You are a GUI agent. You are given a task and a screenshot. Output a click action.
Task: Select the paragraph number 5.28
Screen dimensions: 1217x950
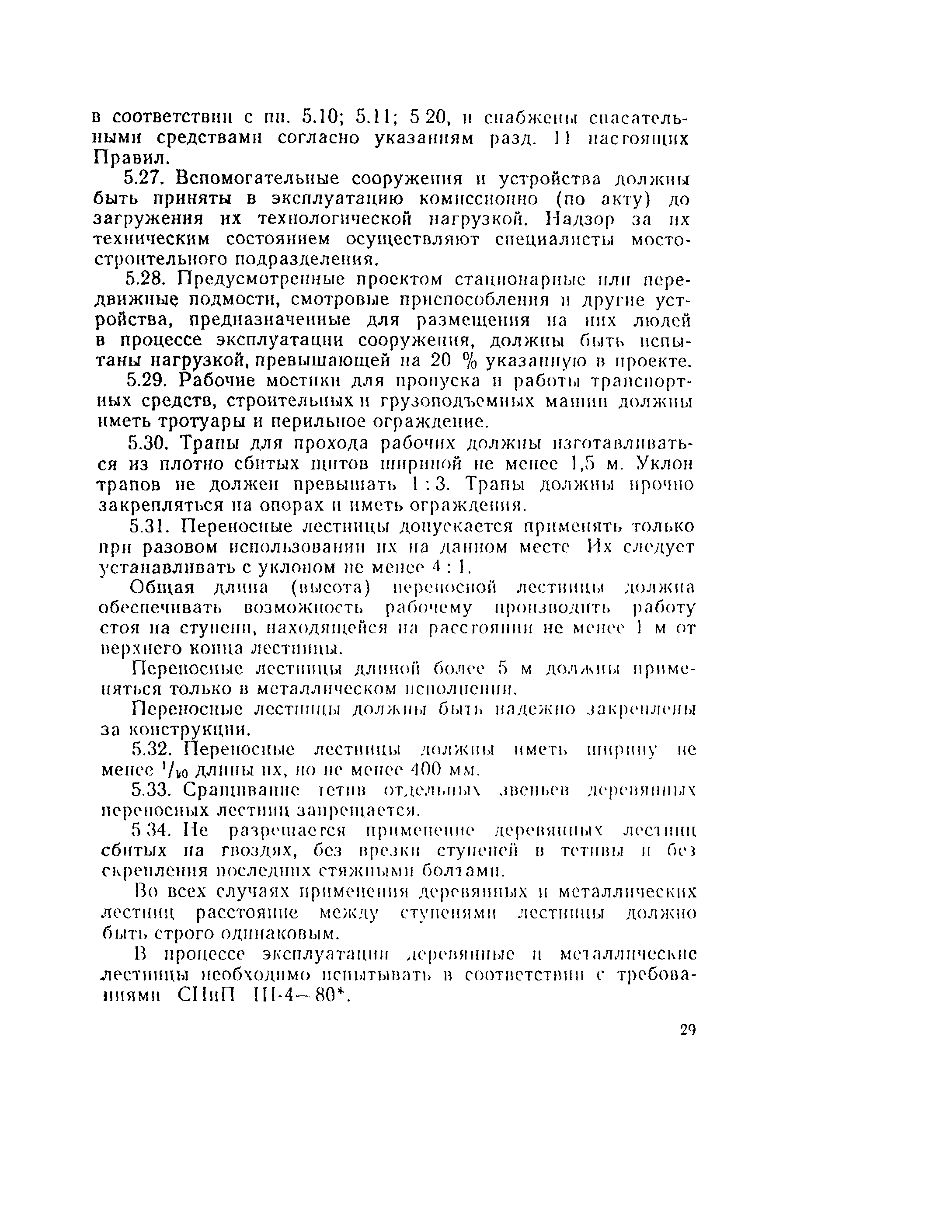[144, 278]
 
